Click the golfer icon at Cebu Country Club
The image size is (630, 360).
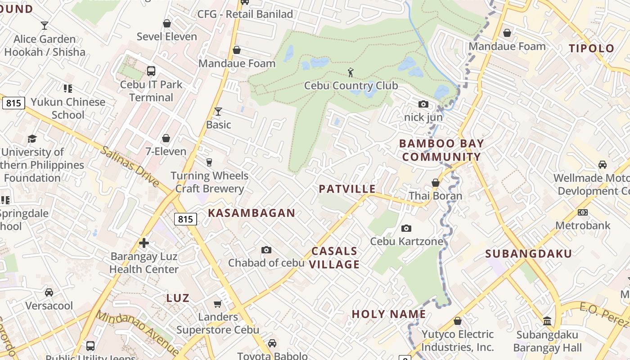click(351, 72)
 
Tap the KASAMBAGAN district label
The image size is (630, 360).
click(252, 213)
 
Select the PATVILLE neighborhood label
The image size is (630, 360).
click(347, 189)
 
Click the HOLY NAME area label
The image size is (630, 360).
click(389, 314)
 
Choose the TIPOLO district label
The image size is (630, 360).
click(591, 49)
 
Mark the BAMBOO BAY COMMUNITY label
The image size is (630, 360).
click(441, 150)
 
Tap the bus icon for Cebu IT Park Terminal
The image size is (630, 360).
click(151, 71)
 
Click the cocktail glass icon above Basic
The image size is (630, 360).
click(218, 111)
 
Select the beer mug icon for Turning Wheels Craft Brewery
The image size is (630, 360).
click(209, 162)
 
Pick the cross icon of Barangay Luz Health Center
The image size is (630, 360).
click(144, 243)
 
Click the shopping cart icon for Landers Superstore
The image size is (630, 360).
click(218, 304)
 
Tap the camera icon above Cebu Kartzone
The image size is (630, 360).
click(406, 229)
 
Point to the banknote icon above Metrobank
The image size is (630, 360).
click(583, 212)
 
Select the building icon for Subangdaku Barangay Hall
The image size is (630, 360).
click(547, 321)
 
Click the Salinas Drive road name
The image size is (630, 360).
click(130, 166)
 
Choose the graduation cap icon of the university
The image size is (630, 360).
click(32, 139)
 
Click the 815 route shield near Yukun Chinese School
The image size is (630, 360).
click(13, 103)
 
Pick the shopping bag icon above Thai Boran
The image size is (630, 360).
click(435, 183)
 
